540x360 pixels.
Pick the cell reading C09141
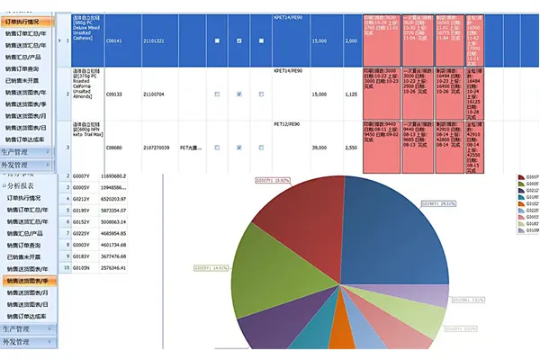(x=114, y=40)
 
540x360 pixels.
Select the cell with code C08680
(x=114, y=147)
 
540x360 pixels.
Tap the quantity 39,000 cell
(x=319, y=147)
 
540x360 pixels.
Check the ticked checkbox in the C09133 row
(x=238, y=94)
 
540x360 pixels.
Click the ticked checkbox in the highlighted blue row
(x=238, y=41)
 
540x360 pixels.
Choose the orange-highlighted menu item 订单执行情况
(x=26, y=21)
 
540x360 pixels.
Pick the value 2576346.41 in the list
(x=120, y=268)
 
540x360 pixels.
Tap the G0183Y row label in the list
(x=82, y=256)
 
